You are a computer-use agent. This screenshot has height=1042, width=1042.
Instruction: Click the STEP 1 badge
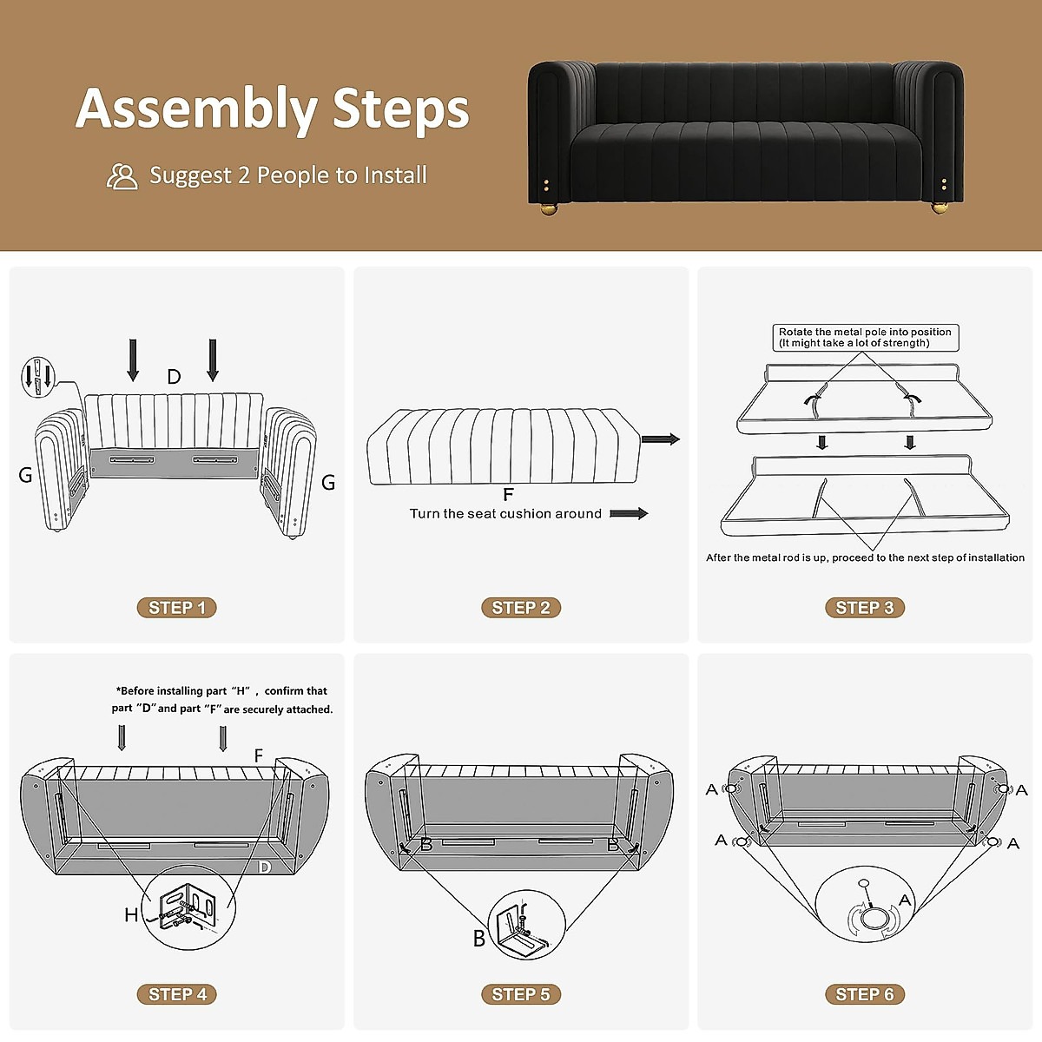pyautogui.click(x=176, y=608)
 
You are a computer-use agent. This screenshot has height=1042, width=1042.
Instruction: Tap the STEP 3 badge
pyautogui.click(x=864, y=608)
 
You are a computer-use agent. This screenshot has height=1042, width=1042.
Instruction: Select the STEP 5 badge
pyautogui.click(x=521, y=994)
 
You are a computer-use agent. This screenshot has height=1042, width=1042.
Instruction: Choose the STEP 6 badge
pyautogui.click(x=864, y=994)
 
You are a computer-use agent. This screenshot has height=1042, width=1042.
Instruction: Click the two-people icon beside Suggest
pyautogui.click(x=122, y=176)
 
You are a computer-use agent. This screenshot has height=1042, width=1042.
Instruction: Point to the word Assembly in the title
pyautogui.click(x=197, y=109)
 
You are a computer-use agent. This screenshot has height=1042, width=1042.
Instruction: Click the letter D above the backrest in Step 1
pyautogui.click(x=174, y=377)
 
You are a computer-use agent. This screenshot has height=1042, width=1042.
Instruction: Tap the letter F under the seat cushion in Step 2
pyautogui.click(x=508, y=495)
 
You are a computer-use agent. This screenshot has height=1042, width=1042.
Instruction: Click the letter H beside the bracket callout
pyautogui.click(x=131, y=914)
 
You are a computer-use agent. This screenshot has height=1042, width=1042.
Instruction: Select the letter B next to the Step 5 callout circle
pyautogui.click(x=478, y=938)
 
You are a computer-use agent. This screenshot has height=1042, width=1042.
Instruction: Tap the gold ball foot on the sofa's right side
pyautogui.click(x=940, y=208)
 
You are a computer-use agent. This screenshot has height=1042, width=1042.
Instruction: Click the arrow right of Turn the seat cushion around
pyautogui.click(x=629, y=514)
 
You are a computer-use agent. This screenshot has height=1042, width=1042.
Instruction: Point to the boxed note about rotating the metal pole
pyautogui.click(x=865, y=338)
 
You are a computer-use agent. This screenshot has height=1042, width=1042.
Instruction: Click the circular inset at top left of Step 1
pyautogui.click(x=37, y=378)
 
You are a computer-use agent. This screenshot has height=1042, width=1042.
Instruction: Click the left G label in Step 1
pyautogui.click(x=25, y=475)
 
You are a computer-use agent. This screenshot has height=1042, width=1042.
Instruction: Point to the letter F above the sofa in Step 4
pyautogui.click(x=258, y=755)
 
